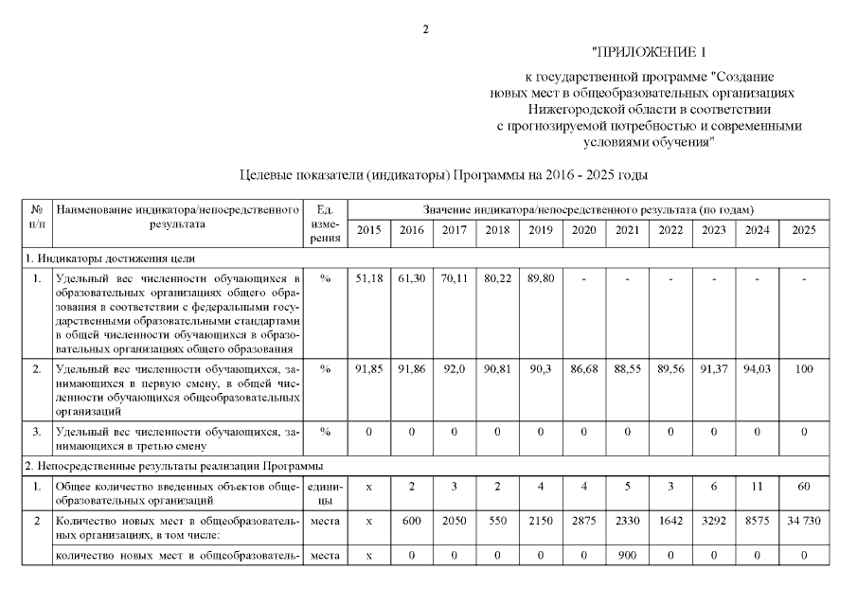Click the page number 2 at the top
point(426,29)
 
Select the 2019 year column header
point(540,230)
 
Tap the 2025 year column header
point(803,230)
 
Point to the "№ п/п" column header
point(37,215)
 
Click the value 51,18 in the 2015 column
point(368,279)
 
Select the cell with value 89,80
point(540,279)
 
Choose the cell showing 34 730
point(803,522)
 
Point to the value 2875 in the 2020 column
point(583,522)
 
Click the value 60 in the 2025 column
point(803,486)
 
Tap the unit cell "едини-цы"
point(325,492)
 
